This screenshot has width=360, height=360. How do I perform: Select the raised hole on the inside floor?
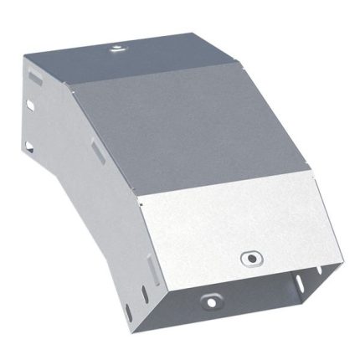click(x=208, y=301)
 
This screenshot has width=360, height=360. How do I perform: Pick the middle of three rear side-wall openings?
click(x=32, y=105)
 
